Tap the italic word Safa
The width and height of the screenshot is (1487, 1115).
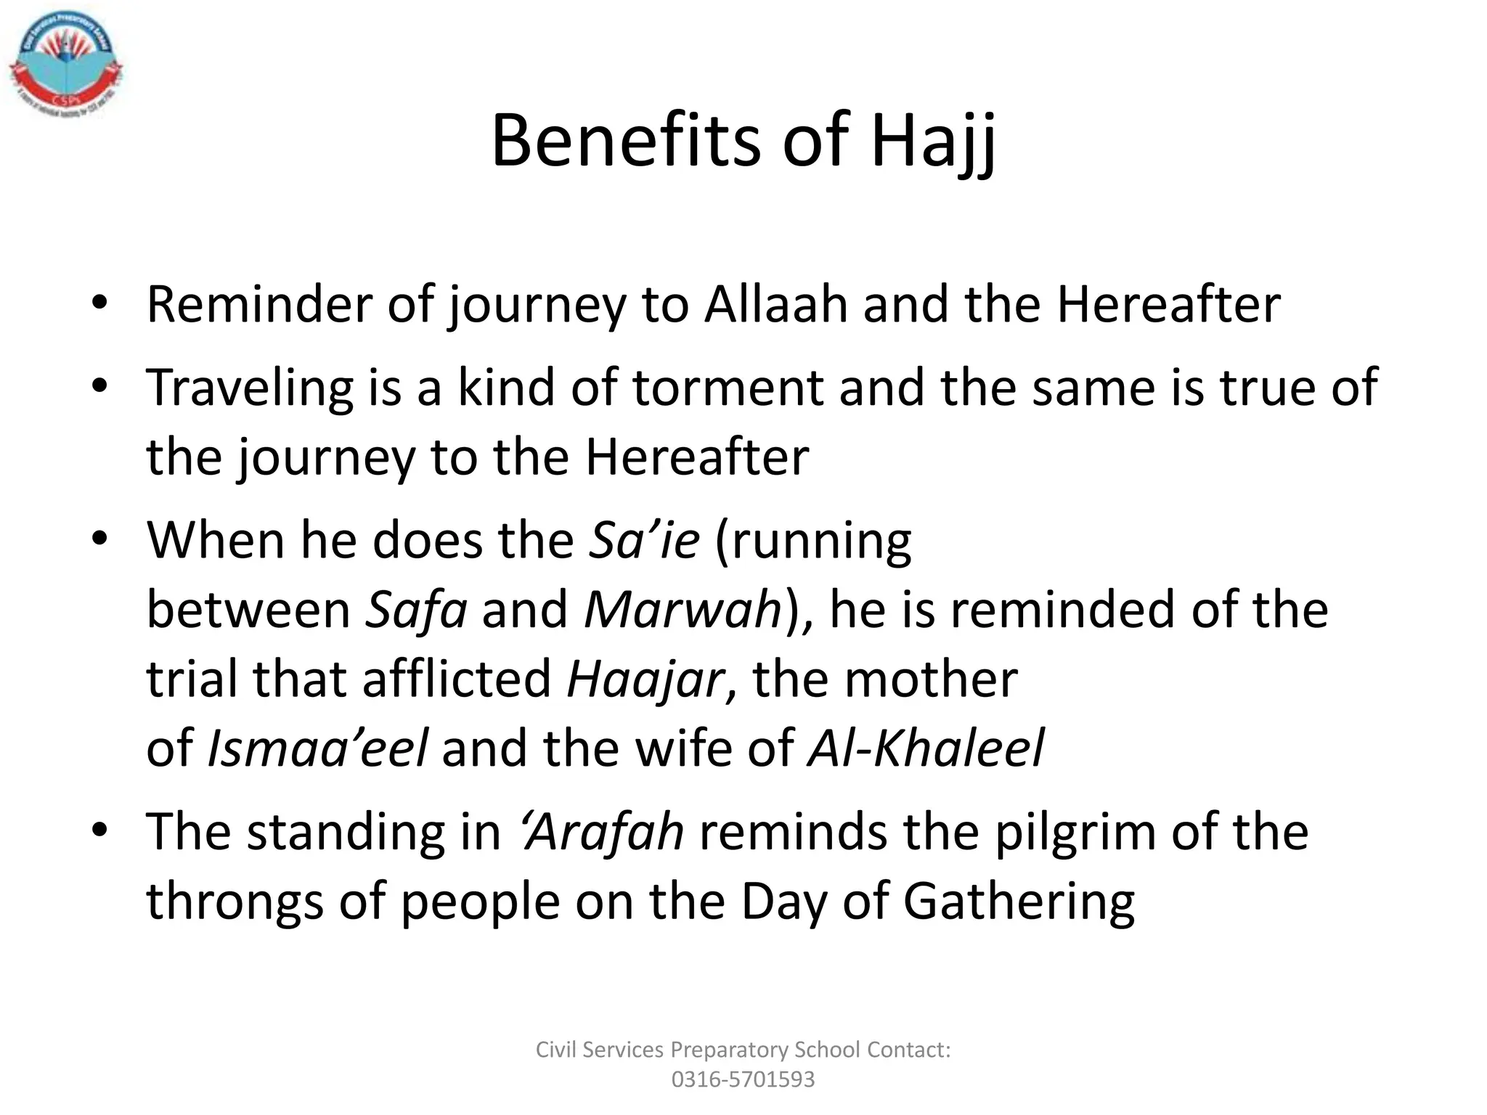click(416, 610)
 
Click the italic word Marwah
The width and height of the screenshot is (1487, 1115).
click(683, 610)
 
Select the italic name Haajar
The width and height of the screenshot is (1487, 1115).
click(645, 679)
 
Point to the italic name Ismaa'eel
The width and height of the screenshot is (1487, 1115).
click(317, 748)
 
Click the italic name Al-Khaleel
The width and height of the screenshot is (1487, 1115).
click(926, 748)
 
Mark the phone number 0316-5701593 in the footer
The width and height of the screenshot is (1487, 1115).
click(743, 1079)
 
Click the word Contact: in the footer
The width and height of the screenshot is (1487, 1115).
click(908, 1050)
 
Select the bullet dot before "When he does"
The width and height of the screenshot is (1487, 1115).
click(99, 538)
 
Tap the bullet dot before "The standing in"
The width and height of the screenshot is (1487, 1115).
click(99, 829)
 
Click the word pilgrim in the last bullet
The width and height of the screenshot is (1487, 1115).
click(1075, 832)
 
